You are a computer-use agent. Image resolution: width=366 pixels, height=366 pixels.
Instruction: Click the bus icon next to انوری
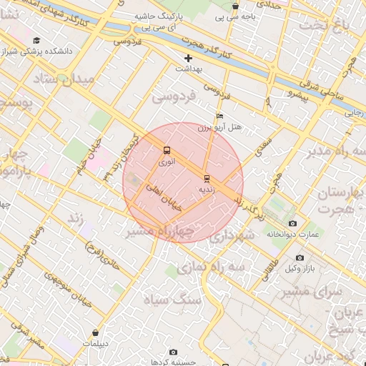(167, 151)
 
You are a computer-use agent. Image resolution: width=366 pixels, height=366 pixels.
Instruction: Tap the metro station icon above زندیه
(207, 178)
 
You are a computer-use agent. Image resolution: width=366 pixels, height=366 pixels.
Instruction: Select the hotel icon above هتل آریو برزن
(219, 117)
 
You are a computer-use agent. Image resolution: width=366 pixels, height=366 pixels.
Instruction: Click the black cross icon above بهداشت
(189, 58)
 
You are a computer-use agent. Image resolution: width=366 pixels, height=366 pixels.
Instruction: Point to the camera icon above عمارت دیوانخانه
(292, 224)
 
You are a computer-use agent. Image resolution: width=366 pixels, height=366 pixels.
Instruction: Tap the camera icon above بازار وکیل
(299, 257)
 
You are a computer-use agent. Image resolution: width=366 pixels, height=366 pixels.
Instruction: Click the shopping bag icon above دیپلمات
(96, 332)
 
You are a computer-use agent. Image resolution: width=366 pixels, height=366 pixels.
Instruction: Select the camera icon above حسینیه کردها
(174, 352)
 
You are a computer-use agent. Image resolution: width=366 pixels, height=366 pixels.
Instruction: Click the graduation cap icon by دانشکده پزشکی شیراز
(36, 41)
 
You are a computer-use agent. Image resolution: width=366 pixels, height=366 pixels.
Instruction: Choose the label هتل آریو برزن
(222, 127)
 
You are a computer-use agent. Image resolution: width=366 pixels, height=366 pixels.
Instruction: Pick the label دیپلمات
(95, 343)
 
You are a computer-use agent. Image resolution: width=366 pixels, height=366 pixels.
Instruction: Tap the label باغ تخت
(338, 27)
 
